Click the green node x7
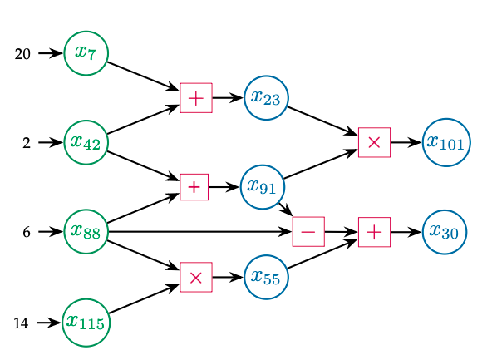coord(86,52)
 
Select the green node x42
coord(86,142)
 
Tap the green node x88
coord(86,231)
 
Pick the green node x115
coord(86,321)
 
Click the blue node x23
coord(266,97)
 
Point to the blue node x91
coord(262,187)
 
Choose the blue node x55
coord(266,277)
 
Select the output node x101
coord(445,142)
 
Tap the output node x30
coord(445,231)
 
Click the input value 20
coord(23,54)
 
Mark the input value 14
coord(22,323)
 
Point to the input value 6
coord(27,233)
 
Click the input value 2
coord(27,143)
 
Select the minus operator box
coord(308,232)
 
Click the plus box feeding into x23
coord(196,98)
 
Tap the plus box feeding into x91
coord(194,187)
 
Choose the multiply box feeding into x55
coord(196,277)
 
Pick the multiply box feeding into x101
coord(374,142)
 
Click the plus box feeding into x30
coord(374,232)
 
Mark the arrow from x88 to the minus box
coord(199,232)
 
